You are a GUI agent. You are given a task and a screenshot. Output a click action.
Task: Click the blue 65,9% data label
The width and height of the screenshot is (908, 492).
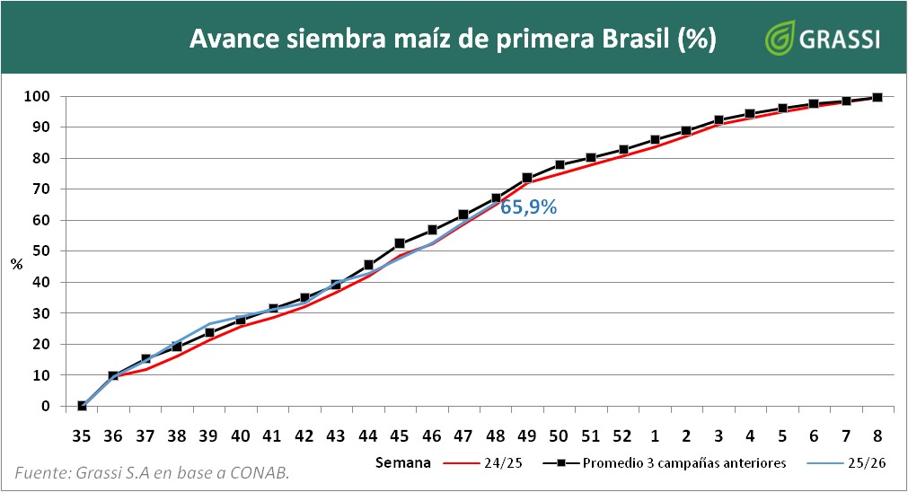tap(528, 207)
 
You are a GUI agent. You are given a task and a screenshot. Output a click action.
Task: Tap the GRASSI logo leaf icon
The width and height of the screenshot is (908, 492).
tap(777, 39)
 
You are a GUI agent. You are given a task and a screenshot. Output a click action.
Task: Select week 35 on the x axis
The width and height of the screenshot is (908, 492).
tap(82, 435)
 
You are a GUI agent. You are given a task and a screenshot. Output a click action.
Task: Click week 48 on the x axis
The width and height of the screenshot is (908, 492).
tap(495, 435)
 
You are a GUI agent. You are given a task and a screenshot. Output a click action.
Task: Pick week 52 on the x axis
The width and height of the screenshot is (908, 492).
tap(622, 435)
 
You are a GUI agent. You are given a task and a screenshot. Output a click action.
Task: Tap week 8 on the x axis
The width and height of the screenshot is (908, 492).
tap(877, 435)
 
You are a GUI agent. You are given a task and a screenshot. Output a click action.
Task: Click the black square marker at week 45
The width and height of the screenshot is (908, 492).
tap(400, 243)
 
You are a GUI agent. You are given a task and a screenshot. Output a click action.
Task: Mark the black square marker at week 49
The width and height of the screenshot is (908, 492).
tap(527, 178)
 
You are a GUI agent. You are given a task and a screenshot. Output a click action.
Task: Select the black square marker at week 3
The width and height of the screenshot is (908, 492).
tap(718, 119)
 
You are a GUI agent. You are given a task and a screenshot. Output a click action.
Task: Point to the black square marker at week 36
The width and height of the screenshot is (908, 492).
tap(113, 375)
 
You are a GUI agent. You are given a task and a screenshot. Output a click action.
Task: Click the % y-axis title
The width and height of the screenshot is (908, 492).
tap(16, 264)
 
